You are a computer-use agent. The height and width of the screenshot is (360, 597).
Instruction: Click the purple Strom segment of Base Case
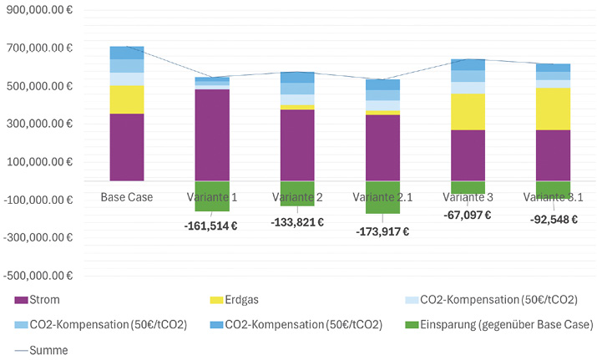[x=127, y=147]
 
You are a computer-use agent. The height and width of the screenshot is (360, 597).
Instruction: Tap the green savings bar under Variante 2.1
[x=382, y=197]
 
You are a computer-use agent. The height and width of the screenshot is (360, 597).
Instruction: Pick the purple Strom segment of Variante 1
[x=212, y=134]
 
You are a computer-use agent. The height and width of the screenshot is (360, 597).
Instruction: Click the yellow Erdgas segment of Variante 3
[x=467, y=111]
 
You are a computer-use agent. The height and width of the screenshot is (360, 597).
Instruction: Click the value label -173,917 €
[x=382, y=231]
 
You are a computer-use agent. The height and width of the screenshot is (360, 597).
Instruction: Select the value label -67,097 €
[x=467, y=215]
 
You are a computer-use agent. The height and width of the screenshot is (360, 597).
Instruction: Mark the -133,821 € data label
[x=297, y=222]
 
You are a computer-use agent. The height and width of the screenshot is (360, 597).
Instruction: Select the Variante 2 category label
[x=297, y=197]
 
